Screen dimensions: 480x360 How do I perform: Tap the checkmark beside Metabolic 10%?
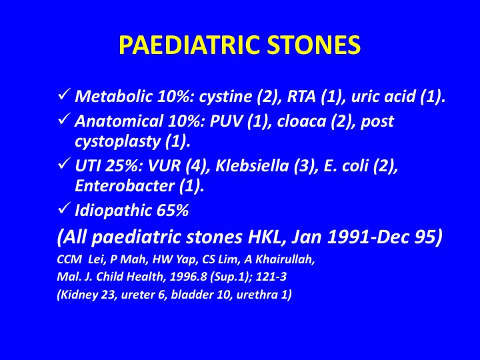point(64,95)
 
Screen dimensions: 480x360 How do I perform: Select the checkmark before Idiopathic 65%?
point(64,209)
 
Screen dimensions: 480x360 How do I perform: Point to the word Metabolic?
point(113,97)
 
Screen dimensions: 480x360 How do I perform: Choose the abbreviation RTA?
point(301,97)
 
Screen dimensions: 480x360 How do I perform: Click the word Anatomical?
point(119,121)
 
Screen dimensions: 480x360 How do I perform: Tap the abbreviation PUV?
point(226,121)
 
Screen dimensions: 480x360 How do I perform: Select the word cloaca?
point(301,122)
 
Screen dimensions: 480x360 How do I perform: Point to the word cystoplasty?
point(118,142)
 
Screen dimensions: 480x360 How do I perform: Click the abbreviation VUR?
point(165,166)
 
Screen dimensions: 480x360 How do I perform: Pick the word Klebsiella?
point(252,165)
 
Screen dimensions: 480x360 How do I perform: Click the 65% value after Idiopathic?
point(173,211)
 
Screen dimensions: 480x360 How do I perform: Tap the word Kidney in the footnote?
point(75,295)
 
